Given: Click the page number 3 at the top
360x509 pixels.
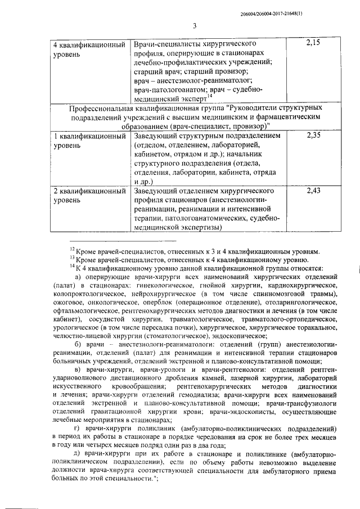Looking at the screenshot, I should (x=193, y=25).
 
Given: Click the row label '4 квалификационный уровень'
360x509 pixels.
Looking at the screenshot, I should (x=88, y=49).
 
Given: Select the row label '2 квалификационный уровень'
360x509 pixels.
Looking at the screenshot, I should (x=88, y=197).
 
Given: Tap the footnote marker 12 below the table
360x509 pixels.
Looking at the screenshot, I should (x=72, y=250).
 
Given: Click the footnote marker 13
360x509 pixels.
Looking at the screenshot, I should (x=72, y=259).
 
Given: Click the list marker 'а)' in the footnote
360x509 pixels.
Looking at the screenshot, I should (x=78, y=277).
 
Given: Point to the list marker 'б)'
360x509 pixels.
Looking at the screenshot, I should (x=78, y=344).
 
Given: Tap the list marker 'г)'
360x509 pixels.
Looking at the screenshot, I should (x=78, y=429).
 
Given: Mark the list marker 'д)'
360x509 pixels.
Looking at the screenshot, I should (x=78, y=454).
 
